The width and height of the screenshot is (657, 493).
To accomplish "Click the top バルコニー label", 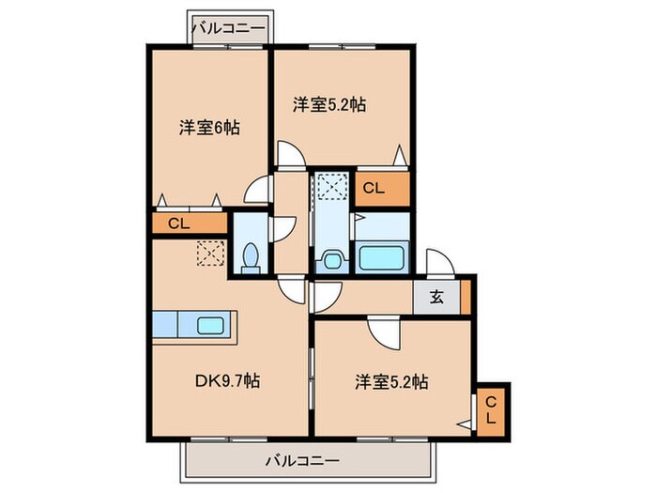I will (228, 27).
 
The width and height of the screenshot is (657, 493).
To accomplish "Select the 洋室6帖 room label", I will (208, 127).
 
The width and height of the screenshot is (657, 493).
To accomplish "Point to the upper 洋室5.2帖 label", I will (328, 105).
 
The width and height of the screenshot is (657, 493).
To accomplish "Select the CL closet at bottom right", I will (491, 409).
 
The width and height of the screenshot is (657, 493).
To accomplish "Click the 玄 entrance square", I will (436, 299).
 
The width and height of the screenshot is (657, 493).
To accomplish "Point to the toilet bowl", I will (251, 257).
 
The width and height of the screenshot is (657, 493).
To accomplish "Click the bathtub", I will (383, 257).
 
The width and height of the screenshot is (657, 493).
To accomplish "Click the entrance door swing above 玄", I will (438, 262).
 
